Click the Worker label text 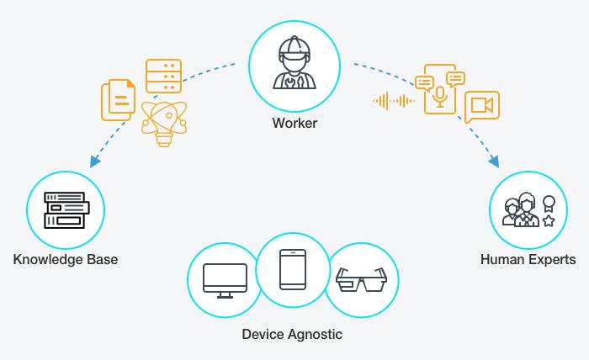pos(294,123)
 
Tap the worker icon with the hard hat pos(294,62)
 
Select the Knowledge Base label pos(66,259)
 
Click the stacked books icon pos(66,210)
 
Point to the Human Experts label pos(528,259)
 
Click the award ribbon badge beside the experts pos(549,204)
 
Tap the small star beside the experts pos(549,220)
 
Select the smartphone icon pos(293,269)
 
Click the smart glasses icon pos(361,279)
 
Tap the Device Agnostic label pos(292,334)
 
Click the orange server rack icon pos(164,77)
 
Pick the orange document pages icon pos(119,100)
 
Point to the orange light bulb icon pos(164,124)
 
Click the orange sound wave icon pos(394,101)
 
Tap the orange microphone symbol pos(440,97)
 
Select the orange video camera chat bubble pos(482,107)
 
